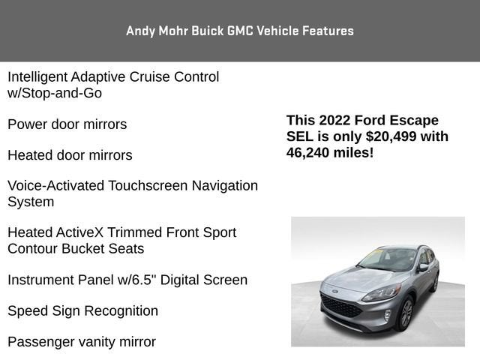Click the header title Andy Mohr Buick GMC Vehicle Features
240,31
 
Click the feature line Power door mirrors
67,124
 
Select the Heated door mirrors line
70,155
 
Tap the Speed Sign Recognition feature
82,310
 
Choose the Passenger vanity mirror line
82,342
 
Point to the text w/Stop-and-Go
55,93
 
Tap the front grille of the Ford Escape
342,307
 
